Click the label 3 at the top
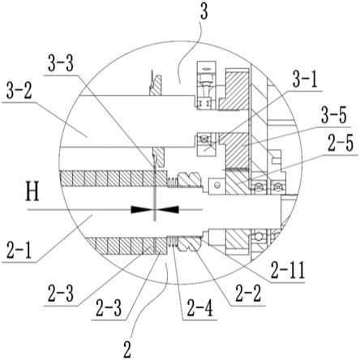(204, 13)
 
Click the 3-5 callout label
(334, 115)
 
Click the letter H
(32, 191)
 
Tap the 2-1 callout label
(19, 251)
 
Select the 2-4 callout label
(199, 309)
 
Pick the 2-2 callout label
(248, 294)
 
